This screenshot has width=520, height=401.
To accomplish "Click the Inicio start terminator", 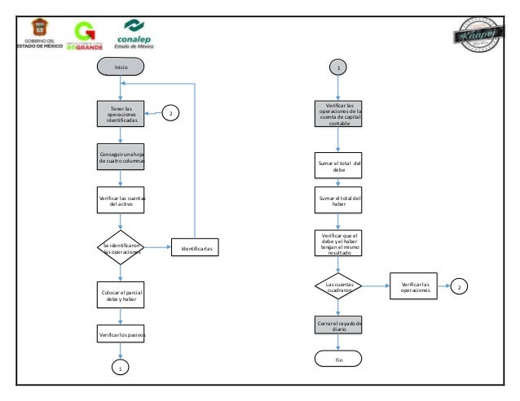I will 121,68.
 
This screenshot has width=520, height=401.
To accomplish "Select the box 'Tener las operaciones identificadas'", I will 121,114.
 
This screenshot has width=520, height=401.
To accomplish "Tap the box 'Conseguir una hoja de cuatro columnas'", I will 121,157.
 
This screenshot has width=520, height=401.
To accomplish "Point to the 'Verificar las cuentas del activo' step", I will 121,200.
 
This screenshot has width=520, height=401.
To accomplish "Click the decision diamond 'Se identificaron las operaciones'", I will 121,248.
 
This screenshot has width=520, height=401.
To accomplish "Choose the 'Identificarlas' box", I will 196,248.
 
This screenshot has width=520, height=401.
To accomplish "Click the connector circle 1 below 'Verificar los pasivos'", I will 121,368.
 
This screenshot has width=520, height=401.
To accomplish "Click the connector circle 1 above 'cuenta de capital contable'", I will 339,68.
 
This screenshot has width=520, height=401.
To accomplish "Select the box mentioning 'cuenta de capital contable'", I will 339,115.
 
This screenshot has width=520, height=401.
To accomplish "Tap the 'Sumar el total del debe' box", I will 339,167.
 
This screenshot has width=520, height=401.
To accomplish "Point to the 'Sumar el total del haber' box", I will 339,201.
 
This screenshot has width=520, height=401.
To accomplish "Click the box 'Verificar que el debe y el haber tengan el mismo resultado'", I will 339,243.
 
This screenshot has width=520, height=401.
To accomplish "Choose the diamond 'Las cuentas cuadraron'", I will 339,285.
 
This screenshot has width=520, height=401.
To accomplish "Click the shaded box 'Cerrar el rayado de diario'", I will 339,326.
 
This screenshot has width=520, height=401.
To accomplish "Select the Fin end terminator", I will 339,359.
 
